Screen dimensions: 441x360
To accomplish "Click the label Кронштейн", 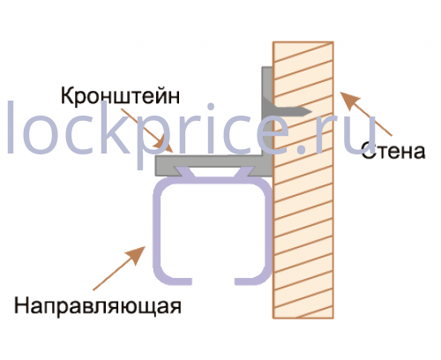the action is click(x=120, y=96).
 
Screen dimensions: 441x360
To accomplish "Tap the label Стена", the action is click(x=393, y=151).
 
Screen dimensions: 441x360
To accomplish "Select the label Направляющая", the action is click(x=98, y=306).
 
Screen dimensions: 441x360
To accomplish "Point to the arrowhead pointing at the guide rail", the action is click(x=136, y=255).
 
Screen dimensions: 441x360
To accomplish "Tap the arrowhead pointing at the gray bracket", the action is click(x=163, y=146).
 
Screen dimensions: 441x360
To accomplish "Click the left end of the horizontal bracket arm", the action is click(x=157, y=166).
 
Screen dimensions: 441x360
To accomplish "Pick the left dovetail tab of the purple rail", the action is click(x=185, y=172).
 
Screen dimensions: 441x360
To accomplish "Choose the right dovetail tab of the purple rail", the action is click(x=243, y=172).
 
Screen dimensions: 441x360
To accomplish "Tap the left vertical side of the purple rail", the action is click(x=157, y=229).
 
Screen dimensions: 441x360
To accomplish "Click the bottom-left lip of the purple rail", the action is click(x=176, y=281).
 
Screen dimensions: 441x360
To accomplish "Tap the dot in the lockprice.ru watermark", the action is click(x=302, y=149).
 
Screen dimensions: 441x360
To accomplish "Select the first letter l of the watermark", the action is click(x=11, y=127).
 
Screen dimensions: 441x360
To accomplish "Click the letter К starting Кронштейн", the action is click(x=67, y=95).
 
